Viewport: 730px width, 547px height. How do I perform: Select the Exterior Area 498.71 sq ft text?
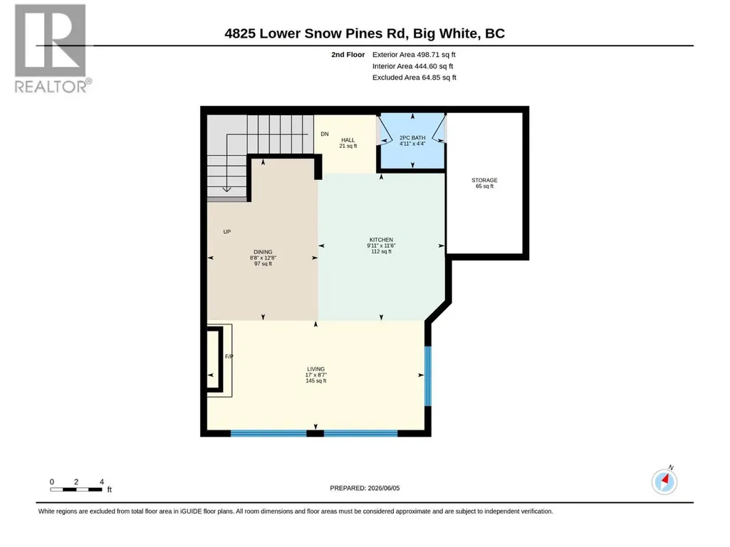click(x=414, y=55)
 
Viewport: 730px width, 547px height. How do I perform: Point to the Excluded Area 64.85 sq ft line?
click(x=414, y=78)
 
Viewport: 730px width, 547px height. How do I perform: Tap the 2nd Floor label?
click(x=348, y=55)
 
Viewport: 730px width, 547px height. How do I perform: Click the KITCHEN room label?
click(x=381, y=240)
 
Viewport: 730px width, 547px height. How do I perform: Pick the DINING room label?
click(x=263, y=252)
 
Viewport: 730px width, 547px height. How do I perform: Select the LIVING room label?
click(x=316, y=369)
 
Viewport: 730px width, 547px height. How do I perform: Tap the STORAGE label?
click(x=485, y=180)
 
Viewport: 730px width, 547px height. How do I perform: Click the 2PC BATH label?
click(x=412, y=138)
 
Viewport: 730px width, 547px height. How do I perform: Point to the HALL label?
click(x=348, y=140)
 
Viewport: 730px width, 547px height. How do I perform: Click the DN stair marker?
click(x=325, y=134)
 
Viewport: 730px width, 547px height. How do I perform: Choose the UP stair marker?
click(x=226, y=232)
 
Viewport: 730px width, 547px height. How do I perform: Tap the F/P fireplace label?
click(x=229, y=357)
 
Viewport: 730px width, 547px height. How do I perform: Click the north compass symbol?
click(x=664, y=482)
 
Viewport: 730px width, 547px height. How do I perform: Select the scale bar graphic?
click(x=76, y=489)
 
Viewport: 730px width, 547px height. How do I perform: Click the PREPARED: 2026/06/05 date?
click(x=365, y=488)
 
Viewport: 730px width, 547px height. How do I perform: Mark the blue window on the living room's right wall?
click(x=428, y=376)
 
